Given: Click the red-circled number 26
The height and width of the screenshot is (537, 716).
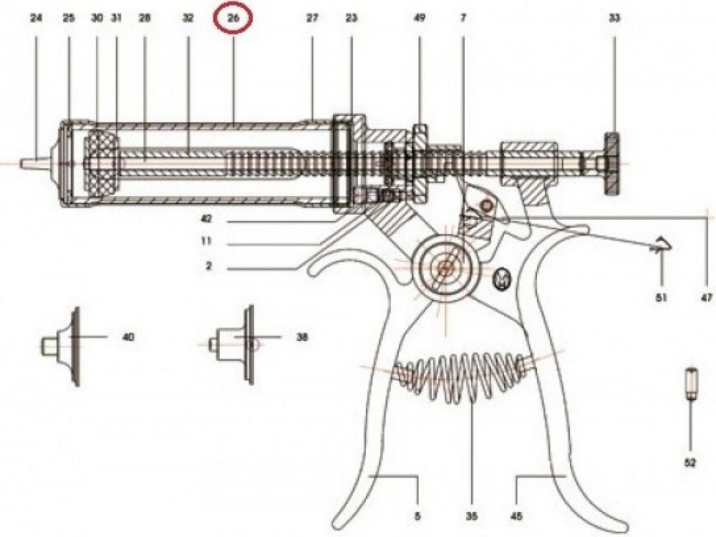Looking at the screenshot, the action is pos(233,19).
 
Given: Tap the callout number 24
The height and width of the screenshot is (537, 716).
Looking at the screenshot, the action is pos(36,19).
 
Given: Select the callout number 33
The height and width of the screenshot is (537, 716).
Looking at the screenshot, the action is pos(614,19).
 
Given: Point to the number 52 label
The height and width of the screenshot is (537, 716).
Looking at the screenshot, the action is pos(690,463).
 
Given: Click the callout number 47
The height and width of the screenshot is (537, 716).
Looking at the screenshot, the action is pos(707,298).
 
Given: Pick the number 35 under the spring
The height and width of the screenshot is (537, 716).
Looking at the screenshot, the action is pos(472,516).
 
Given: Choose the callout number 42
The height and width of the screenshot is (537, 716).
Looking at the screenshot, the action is pos(206,219).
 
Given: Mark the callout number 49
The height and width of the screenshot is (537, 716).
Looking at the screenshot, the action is pos(419,19).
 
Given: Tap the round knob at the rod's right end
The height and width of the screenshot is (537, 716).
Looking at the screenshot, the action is pos(612,163).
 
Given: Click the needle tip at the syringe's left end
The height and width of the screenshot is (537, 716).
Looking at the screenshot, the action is pos(21,163).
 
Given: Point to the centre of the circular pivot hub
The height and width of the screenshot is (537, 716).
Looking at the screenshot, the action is pos(443,268).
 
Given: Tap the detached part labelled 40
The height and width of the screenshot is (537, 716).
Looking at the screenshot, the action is pos(60,347).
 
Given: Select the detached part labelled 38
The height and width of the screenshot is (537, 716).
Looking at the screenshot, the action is pos(231,345).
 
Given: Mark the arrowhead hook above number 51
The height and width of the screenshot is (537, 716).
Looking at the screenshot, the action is pos(661,245).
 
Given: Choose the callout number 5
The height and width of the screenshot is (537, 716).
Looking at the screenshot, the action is pos(417,516).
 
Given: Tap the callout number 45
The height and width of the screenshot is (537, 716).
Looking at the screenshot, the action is pos(516,516).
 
